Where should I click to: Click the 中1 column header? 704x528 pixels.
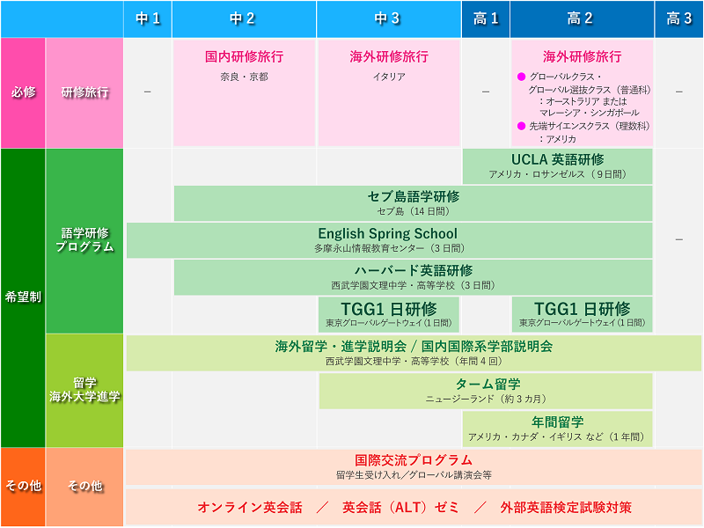[148, 18]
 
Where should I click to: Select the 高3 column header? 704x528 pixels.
[678, 18]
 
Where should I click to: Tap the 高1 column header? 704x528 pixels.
[486, 18]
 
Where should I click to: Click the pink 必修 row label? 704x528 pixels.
[23, 92]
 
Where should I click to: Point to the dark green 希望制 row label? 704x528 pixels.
[23, 297]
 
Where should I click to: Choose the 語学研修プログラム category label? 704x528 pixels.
[84, 240]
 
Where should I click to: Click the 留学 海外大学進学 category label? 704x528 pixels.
[84, 390]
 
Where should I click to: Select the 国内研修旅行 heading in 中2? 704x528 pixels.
[245, 56]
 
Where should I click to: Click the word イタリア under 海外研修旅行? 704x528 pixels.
[389, 77]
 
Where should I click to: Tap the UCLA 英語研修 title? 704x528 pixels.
[558, 160]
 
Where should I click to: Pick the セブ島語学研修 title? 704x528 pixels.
[413, 196]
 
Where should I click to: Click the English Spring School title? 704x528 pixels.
[387, 233]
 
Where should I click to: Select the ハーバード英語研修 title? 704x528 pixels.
[413, 270]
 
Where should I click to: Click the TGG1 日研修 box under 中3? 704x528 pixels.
[389, 314]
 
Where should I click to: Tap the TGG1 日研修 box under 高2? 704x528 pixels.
[582, 314]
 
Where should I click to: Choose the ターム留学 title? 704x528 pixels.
[488, 385]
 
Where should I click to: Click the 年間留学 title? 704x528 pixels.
[557, 422]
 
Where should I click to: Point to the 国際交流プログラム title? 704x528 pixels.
[414, 460]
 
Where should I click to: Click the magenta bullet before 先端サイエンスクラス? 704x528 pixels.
[521, 126]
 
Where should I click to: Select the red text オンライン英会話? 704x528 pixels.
[250, 508]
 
